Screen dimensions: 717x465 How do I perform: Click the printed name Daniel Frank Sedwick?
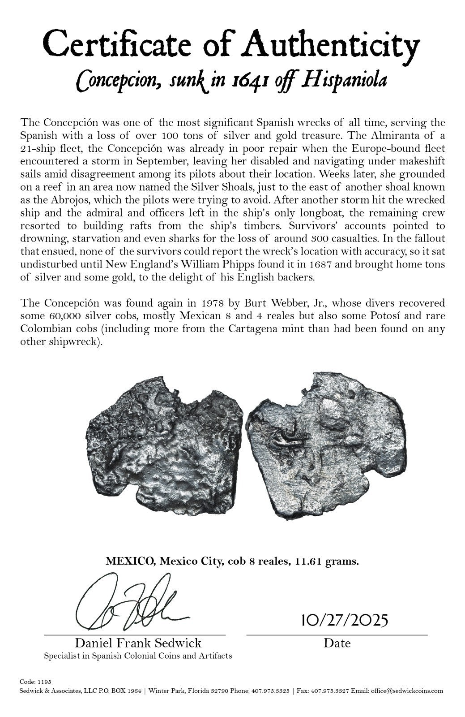tap(138, 644)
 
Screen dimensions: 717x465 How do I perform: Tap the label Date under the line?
tap(337, 644)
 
